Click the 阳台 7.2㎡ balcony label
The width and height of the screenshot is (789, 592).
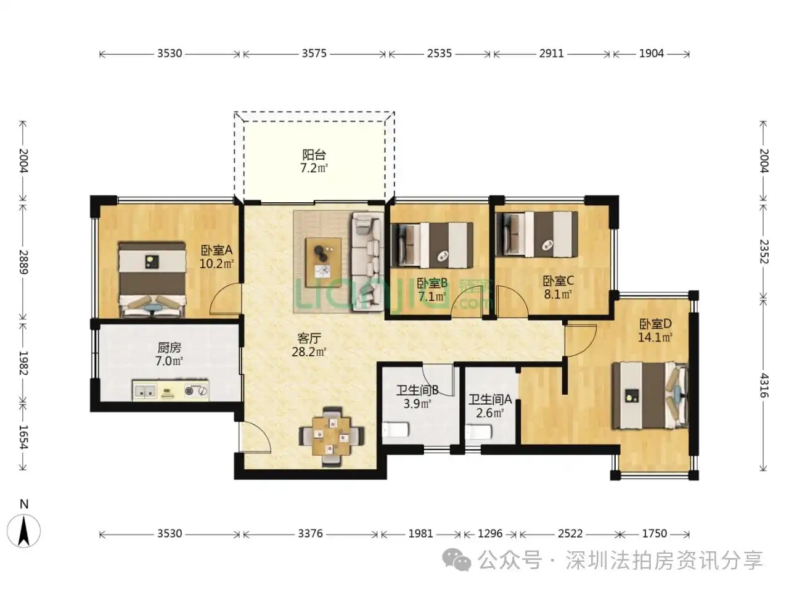[314, 162]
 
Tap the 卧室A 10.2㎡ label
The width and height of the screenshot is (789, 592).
[216, 257]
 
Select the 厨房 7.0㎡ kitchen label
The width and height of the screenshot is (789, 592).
[169, 354]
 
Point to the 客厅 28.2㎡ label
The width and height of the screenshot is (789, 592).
[309, 345]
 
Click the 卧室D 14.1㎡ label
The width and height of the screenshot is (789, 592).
[655, 331]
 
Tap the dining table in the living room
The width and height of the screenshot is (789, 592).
[331, 437]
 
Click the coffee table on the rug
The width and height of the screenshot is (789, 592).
[324, 263]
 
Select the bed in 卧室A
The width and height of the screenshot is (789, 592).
[152, 279]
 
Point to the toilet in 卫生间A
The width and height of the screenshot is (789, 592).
[478, 432]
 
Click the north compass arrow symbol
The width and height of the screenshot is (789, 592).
[23, 531]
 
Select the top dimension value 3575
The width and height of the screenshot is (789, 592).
[314, 54]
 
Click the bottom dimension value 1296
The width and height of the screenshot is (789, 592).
[490, 534]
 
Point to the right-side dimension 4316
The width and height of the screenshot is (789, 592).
[764, 385]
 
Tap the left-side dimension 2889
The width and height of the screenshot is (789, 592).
[23, 262]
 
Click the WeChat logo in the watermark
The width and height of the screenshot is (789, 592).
[457, 560]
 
